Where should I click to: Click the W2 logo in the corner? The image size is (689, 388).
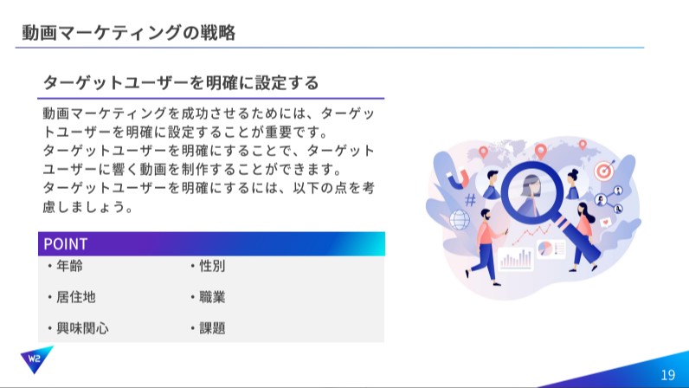click(36, 359)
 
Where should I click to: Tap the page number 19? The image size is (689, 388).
click(667, 375)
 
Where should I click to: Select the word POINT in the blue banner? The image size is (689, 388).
click(66, 243)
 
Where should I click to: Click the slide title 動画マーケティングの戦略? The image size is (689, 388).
click(129, 33)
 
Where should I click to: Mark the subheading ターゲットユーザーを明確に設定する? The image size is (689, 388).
click(181, 82)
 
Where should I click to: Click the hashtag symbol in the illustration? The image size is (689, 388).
click(470, 200)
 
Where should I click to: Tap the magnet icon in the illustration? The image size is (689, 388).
click(458, 178)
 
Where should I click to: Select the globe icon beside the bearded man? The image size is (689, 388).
click(459, 219)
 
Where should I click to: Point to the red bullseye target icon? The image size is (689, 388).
click(604, 171)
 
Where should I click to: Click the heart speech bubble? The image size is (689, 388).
click(606, 223)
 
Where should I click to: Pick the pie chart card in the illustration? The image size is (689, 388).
click(551, 249)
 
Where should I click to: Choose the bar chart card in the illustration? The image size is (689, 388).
click(515, 259)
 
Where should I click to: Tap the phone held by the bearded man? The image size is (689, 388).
click(506, 230)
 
